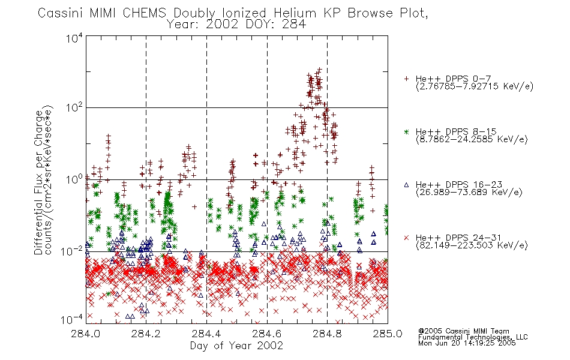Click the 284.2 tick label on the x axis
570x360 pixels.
(x=146, y=334)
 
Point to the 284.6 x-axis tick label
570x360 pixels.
(x=267, y=334)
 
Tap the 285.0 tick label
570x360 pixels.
(x=388, y=334)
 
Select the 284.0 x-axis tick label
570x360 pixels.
(x=85, y=334)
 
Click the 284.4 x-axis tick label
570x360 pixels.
(x=206, y=334)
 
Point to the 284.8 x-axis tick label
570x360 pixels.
(x=327, y=334)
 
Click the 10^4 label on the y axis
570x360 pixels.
(x=74, y=38)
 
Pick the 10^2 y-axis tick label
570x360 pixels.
(x=74, y=107)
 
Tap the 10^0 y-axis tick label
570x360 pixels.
(x=74, y=179)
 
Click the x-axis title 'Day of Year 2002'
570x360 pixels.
(x=236, y=346)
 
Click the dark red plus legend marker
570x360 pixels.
(x=406, y=79)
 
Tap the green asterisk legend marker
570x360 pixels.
(x=406, y=131)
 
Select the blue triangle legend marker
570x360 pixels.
(x=406, y=185)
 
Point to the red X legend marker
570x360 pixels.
(x=406, y=238)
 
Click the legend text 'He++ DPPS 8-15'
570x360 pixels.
(x=456, y=131)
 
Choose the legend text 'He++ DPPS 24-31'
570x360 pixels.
(x=458, y=238)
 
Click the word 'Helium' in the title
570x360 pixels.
(x=295, y=13)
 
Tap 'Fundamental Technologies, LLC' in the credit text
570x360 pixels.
(x=473, y=337)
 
